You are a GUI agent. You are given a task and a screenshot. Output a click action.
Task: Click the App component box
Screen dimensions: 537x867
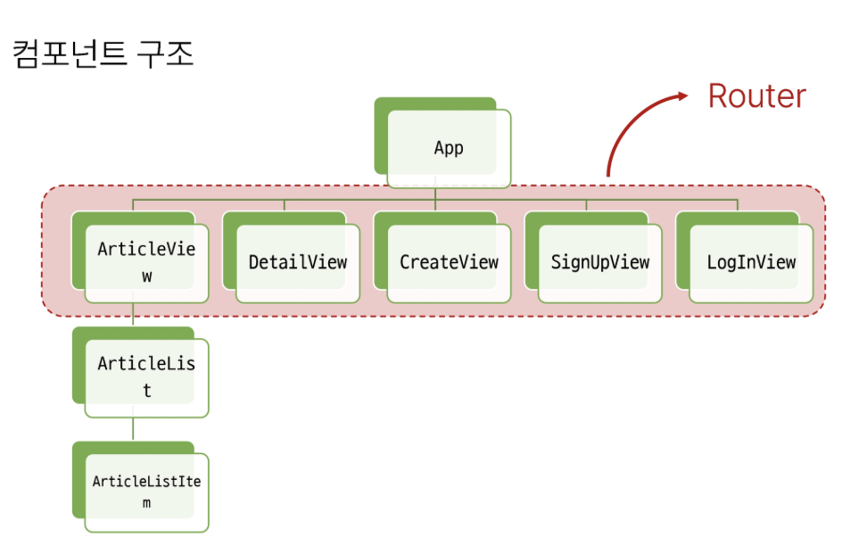point(449,148)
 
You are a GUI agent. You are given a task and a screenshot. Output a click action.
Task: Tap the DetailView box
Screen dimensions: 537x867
point(297,263)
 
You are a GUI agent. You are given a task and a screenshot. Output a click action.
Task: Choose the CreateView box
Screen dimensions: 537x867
point(449,263)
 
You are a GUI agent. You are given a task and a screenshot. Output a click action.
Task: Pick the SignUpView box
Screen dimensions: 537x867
point(599,263)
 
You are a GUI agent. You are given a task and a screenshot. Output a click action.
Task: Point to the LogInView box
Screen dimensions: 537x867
point(751,263)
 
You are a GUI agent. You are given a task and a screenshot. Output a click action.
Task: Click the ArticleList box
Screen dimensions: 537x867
point(146,377)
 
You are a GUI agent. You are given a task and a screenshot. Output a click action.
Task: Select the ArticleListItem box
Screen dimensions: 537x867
point(146,492)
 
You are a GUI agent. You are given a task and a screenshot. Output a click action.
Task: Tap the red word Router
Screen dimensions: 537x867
point(756,96)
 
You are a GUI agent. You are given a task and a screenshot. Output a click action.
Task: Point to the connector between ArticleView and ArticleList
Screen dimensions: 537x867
point(133,316)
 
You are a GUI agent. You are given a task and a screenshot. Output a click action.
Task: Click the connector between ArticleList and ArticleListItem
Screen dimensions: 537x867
point(133,429)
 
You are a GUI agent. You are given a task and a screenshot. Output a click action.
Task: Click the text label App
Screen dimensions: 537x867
point(449,148)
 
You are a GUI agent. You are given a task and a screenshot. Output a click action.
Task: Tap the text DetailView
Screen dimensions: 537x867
point(297,263)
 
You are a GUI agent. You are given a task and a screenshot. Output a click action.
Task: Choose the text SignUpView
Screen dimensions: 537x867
point(599,263)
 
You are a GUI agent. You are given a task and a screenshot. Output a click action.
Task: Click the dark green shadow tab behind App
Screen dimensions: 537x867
point(381,134)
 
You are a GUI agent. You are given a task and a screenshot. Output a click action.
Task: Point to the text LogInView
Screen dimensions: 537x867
point(751,263)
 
